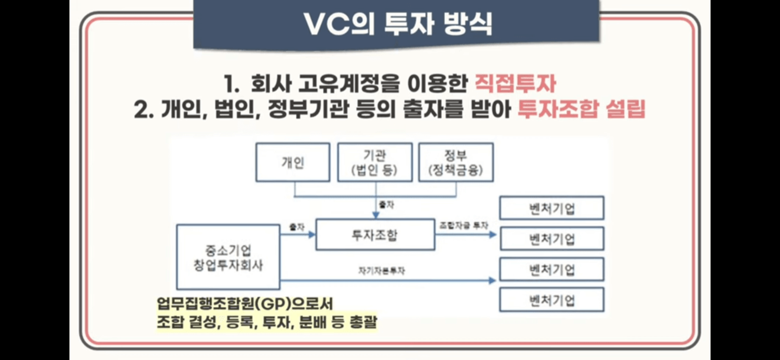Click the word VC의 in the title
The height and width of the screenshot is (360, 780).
click(335, 24)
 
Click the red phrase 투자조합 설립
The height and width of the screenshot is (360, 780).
click(581, 110)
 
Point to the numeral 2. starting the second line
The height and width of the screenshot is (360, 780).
click(143, 110)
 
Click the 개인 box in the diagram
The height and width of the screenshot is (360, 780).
click(292, 163)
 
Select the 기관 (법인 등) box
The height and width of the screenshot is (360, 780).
click(374, 162)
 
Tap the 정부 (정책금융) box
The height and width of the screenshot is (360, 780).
click(456, 162)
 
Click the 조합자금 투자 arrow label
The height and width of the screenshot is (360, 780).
click(464, 225)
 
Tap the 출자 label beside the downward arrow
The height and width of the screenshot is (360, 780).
click(386, 205)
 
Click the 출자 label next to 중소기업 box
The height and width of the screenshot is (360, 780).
click(297, 226)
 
